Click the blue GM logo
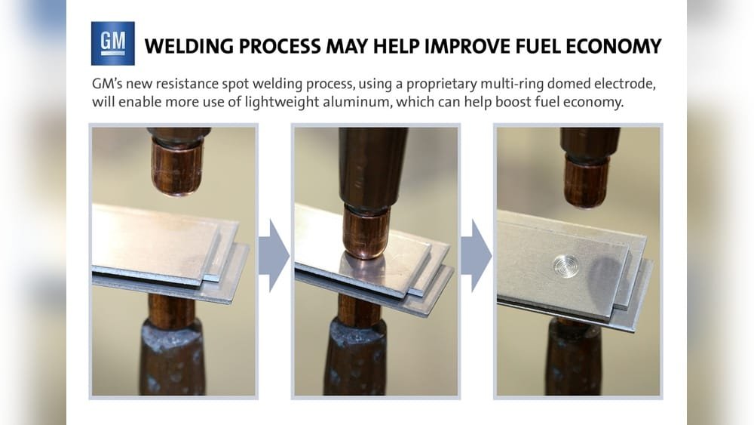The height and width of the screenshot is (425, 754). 112,43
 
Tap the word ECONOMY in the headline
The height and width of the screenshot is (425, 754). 614,47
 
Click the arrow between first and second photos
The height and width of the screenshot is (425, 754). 274,255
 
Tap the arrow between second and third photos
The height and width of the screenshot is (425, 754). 476,255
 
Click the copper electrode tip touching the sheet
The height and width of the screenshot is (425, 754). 366,232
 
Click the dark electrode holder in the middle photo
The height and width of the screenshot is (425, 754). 372,166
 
